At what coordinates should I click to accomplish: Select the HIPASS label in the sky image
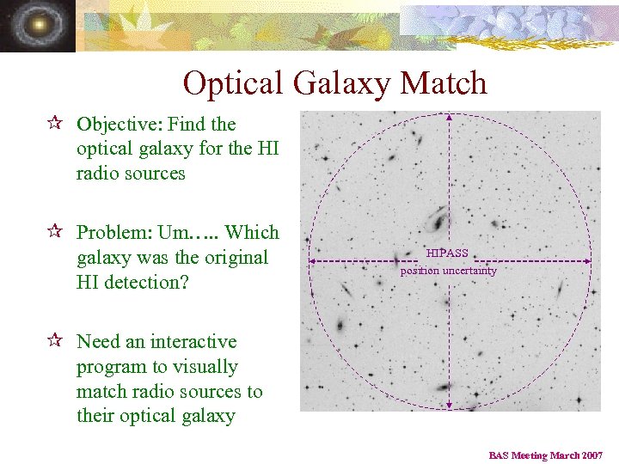click(447, 253)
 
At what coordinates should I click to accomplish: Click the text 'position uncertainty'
click(448, 271)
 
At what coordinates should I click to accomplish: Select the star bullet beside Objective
click(56, 124)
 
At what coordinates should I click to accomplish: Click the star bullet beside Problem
click(56, 232)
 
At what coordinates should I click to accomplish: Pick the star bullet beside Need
click(56, 341)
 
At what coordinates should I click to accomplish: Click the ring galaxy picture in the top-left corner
click(37, 26)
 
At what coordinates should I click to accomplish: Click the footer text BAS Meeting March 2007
click(546, 455)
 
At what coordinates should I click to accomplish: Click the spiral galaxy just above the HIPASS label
click(438, 218)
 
